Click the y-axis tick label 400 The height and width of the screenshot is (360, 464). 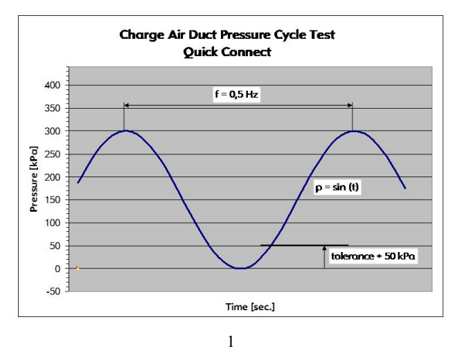point(53,85)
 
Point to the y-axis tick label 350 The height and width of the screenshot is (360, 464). point(53,108)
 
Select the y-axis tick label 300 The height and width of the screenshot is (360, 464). point(53,131)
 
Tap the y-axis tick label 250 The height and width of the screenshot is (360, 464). point(53,154)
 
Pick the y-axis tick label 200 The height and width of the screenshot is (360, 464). point(53,177)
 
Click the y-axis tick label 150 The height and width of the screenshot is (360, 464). point(53,200)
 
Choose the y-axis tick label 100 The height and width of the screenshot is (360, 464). point(53,223)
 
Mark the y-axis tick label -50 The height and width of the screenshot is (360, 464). point(53,291)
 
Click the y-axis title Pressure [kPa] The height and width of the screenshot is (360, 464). point(34,179)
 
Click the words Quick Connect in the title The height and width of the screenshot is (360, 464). point(227,52)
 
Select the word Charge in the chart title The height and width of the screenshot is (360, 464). point(140,35)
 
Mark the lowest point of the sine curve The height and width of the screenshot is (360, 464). point(239,269)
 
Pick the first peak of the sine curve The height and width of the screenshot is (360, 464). point(125,131)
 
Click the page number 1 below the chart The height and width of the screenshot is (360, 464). point(231,342)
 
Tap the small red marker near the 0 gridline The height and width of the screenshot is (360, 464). point(78,268)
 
